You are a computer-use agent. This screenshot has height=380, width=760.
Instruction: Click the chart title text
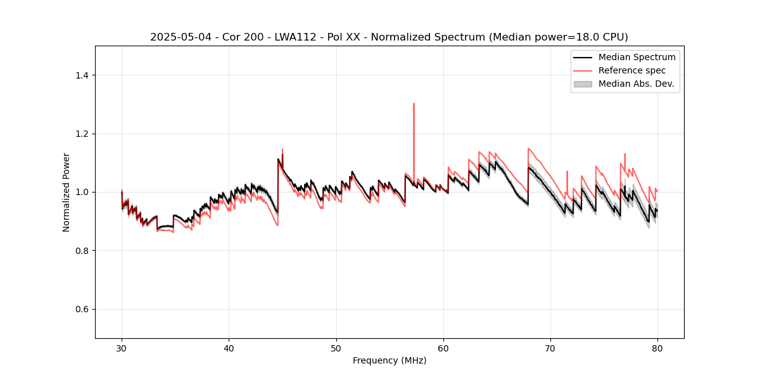[x=389, y=37]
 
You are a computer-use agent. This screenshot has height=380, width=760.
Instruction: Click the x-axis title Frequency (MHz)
[x=389, y=360]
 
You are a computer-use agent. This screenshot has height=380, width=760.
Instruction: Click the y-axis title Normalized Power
[x=66, y=192]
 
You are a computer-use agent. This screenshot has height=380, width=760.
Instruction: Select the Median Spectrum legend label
[x=636, y=57]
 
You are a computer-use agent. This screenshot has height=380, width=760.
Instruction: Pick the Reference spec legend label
[x=631, y=70]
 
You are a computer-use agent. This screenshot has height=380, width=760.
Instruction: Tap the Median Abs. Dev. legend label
[x=636, y=84]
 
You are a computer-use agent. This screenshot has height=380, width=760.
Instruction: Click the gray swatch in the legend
[x=582, y=84]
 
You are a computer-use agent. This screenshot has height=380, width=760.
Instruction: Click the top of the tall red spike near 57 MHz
[x=414, y=104]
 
